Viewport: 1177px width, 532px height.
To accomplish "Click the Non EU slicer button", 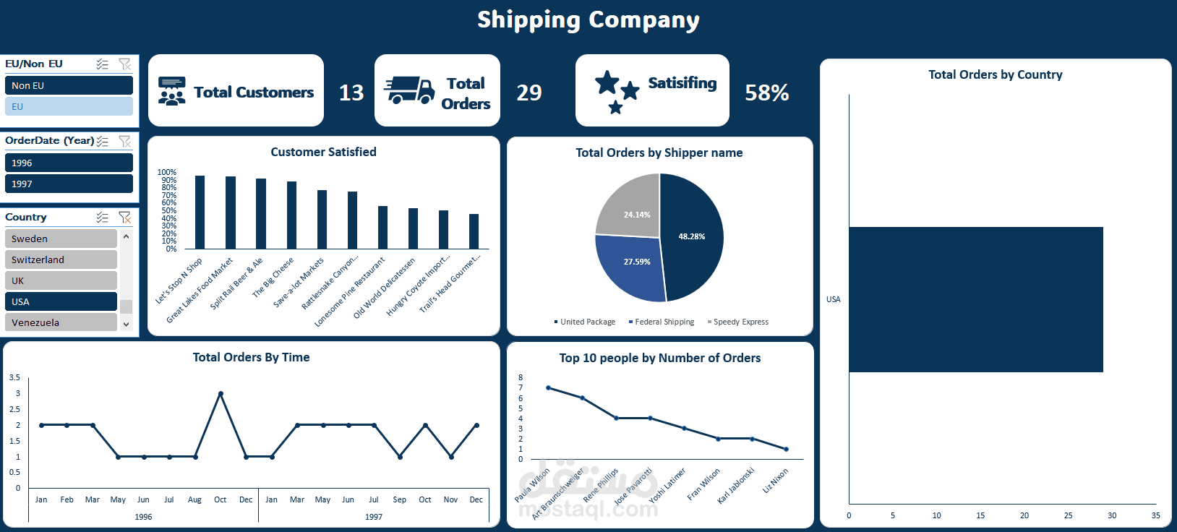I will [x=69, y=85].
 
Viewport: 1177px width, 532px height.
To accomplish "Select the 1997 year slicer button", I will [x=69, y=184].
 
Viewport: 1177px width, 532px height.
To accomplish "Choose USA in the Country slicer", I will [x=61, y=301].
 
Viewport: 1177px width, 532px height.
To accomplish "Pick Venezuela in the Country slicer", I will [x=61, y=322].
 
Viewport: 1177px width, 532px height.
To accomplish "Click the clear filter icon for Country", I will [x=125, y=217].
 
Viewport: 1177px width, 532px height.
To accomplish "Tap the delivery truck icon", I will [x=409, y=91].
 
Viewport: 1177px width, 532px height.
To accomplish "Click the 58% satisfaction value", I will [x=766, y=93].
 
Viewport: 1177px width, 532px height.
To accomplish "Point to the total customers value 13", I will [x=351, y=93].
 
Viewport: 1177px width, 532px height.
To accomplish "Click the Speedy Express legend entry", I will [x=738, y=322].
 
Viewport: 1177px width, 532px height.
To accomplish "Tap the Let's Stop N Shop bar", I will [x=200, y=213].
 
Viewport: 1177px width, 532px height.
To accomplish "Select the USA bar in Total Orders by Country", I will [x=976, y=299].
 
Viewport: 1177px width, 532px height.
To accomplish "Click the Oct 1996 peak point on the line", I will [x=221, y=394].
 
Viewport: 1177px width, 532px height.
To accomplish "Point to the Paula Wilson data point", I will [x=549, y=388].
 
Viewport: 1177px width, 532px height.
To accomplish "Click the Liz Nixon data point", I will [x=786, y=450].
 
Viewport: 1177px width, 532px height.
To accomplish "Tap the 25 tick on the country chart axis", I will [x=1068, y=515].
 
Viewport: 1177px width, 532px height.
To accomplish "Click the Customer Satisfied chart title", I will [x=323, y=152].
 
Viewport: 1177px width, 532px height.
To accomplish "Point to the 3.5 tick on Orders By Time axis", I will [x=14, y=377].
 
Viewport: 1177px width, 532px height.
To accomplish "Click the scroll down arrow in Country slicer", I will [x=127, y=325].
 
